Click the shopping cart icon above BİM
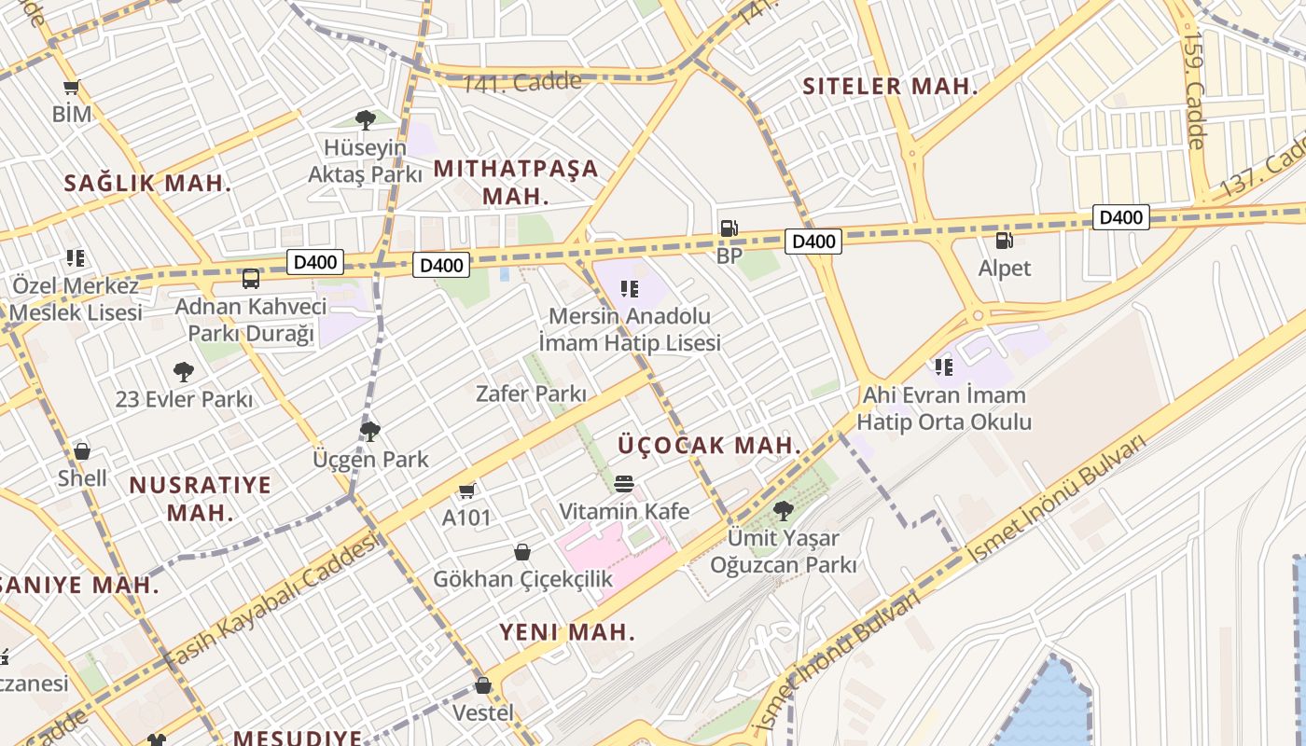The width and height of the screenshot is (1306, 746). (71, 89)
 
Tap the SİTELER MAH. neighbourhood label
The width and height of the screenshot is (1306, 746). (890, 87)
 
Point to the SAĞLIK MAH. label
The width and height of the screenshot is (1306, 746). (147, 183)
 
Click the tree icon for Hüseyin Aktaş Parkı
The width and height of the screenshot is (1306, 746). (365, 119)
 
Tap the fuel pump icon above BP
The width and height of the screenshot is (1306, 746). (729, 228)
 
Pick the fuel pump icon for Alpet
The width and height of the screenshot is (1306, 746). (1004, 241)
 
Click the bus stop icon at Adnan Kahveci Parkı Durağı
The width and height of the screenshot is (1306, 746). (250, 278)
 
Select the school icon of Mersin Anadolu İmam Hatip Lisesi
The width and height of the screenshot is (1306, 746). (630, 288)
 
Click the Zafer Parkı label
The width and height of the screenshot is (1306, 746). (531, 394)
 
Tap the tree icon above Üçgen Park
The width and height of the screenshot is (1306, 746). (370, 431)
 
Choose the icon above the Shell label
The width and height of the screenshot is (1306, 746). (82, 451)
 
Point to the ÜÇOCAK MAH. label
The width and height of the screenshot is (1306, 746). (709, 445)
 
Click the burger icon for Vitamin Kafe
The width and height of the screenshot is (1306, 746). (624, 483)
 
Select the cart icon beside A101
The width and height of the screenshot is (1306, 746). (466, 490)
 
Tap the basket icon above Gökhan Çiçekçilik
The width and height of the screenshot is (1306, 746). (522, 552)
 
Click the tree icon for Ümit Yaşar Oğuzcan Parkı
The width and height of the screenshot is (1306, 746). (784, 510)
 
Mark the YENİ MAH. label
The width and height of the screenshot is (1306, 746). (567, 631)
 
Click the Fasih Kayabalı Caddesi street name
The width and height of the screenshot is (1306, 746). (271, 601)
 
